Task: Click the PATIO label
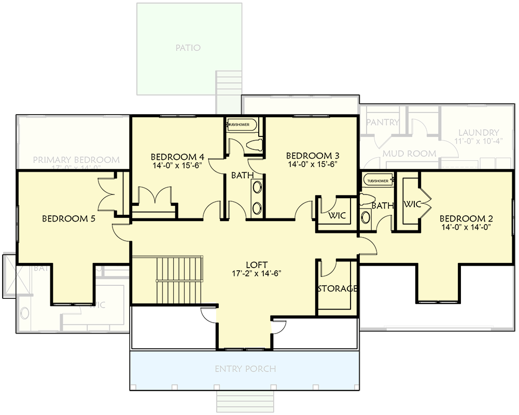188,48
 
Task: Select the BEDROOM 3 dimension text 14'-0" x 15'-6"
313,164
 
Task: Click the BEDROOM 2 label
465,218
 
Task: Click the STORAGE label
337,288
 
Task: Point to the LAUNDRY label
479,133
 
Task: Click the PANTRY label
383,122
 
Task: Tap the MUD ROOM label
409,154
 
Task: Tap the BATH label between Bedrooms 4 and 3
242,175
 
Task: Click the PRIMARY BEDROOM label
76,160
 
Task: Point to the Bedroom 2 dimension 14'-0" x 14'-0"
465,227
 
